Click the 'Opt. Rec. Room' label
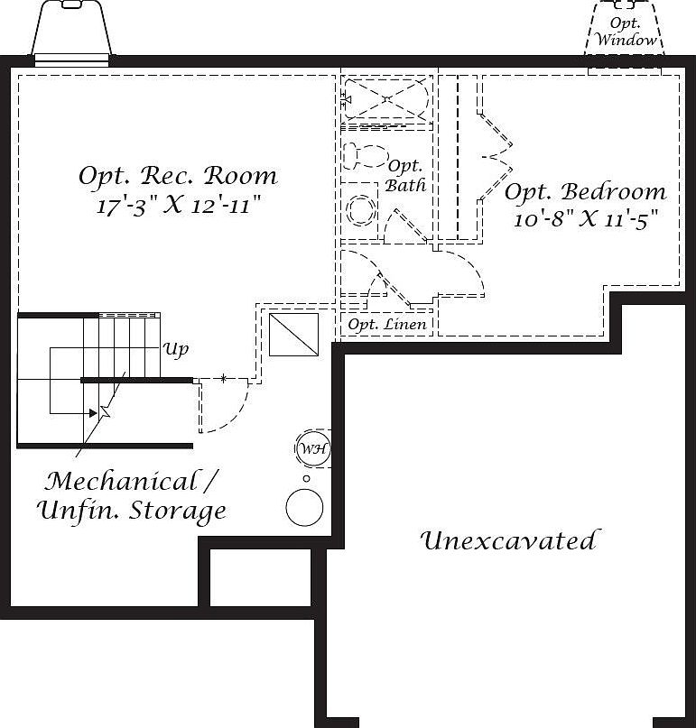[x=178, y=175]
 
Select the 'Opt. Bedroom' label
[x=585, y=192]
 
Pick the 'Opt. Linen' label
[x=387, y=324]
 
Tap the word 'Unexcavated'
[x=508, y=541]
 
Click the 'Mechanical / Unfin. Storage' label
[x=132, y=495]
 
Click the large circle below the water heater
[x=304, y=507]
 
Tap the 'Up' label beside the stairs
[x=176, y=349]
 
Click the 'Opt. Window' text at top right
[x=626, y=32]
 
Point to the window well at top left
[x=72, y=32]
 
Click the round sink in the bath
[x=361, y=211]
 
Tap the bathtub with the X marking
[x=385, y=98]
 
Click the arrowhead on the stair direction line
[x=93, y=412]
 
